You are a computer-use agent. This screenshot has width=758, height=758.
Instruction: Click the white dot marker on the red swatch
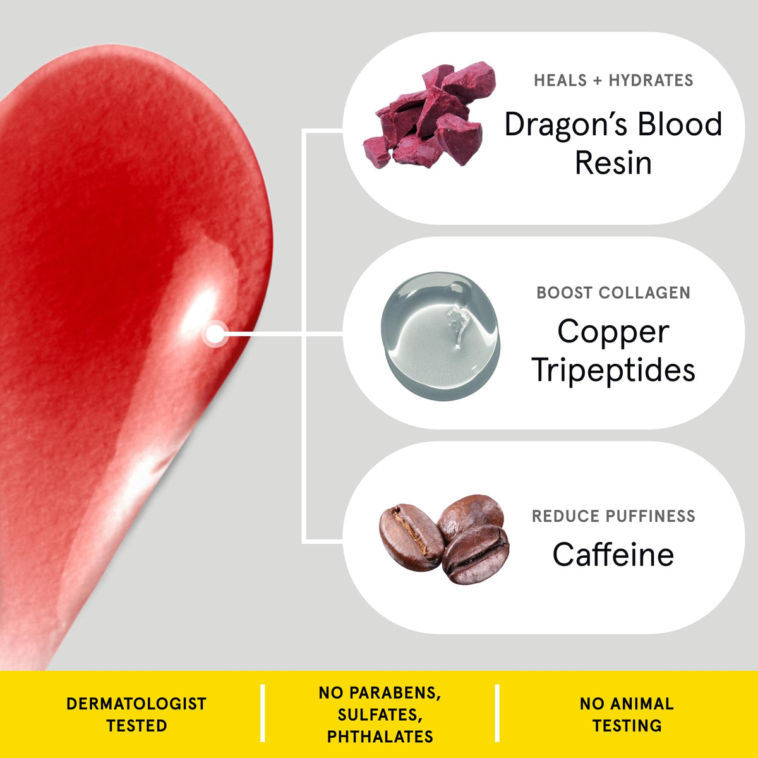[215, 334]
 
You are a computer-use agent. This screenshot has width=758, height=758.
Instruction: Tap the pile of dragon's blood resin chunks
[429, 115]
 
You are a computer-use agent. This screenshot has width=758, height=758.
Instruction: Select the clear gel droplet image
[440, 335]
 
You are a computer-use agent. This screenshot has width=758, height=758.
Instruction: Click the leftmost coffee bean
[411, 538]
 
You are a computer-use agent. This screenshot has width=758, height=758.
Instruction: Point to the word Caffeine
[613, 554]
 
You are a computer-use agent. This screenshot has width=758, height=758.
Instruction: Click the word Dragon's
[567, 125]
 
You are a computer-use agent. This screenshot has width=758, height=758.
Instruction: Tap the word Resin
[613, 162]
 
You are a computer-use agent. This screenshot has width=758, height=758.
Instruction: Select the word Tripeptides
[613, 371]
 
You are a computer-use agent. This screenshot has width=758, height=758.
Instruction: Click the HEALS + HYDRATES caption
[613, 81]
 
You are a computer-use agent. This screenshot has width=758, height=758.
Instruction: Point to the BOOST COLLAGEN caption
[613, 292]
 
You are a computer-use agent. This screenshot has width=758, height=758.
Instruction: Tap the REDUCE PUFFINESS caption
[613, 516]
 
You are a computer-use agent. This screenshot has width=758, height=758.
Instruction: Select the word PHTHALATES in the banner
[380, 737]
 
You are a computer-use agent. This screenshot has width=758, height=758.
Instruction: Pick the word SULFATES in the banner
[380, 714]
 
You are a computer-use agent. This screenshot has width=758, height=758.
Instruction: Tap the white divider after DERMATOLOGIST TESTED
[262, 713]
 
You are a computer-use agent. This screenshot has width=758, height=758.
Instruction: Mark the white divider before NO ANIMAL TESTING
[497, 713]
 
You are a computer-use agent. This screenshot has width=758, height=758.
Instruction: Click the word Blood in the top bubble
[680, 124]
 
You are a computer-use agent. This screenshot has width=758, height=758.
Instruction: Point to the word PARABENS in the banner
[395, 694]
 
